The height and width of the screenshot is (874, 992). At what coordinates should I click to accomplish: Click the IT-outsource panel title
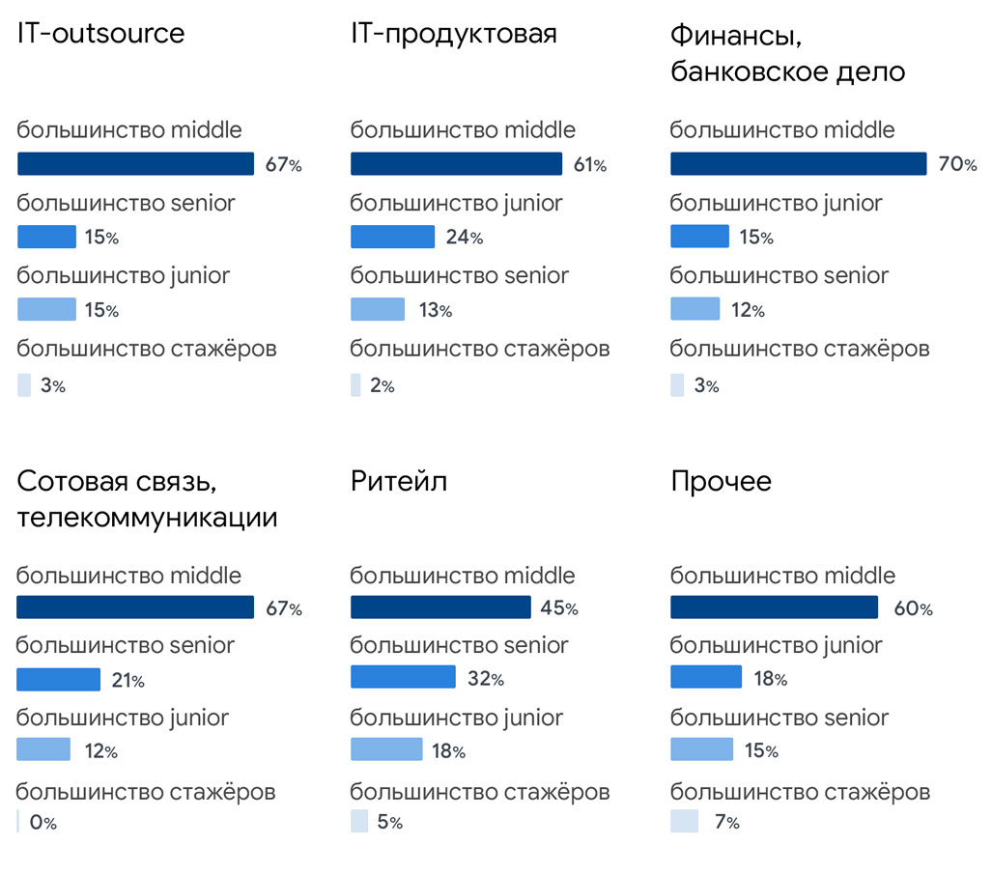point(100,34)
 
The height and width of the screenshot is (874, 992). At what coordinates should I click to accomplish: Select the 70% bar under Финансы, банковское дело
point(798,164)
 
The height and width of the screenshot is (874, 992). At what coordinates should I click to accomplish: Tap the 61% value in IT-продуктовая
point(589,165)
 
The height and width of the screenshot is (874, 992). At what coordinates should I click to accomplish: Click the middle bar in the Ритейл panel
point(440,607)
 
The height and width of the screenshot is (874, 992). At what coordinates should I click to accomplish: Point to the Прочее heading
point(721,481)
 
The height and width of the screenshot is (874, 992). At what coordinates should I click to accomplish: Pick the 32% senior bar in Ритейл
point(403,677)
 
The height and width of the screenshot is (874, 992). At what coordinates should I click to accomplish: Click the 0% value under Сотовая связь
point(43,824)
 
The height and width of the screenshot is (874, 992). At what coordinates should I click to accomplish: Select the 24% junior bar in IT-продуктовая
point(392,238)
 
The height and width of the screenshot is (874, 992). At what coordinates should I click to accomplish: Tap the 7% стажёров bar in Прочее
point(684,822)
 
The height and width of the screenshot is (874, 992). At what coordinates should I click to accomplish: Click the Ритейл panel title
point(398,481)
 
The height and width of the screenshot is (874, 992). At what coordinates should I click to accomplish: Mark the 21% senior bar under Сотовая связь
point(58,680)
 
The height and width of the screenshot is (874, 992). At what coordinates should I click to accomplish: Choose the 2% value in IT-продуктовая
point(382,386)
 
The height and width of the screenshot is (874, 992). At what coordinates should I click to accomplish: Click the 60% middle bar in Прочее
point(774,607)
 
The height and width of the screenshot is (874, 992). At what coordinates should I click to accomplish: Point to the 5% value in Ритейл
point(389,823)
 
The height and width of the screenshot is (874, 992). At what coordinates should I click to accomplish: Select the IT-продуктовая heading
point(453,34)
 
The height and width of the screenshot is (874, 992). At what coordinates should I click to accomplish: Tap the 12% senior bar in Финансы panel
point(694,309)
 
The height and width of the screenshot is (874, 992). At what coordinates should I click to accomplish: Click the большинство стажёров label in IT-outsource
point(147,348)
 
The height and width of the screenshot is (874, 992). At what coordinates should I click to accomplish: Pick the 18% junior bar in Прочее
point(706,677)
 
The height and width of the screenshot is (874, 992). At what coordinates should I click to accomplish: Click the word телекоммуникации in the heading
point(147,518)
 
